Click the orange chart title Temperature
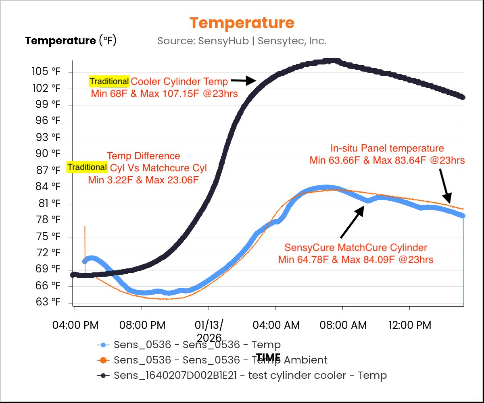tap(242, 23)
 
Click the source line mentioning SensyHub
tap(242, 41)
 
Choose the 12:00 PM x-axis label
tap(409, 325)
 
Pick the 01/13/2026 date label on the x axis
tap(209, 330)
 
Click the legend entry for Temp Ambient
tap(221, 359)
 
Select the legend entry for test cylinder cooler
tap(250, 375)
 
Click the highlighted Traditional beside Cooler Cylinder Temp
tap(109, 82)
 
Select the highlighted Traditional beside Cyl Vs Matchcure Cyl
tap(87, 167)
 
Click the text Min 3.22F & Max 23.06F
tap(144, 180)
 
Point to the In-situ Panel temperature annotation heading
tap(387, 148)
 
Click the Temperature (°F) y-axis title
tap(71, 41)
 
